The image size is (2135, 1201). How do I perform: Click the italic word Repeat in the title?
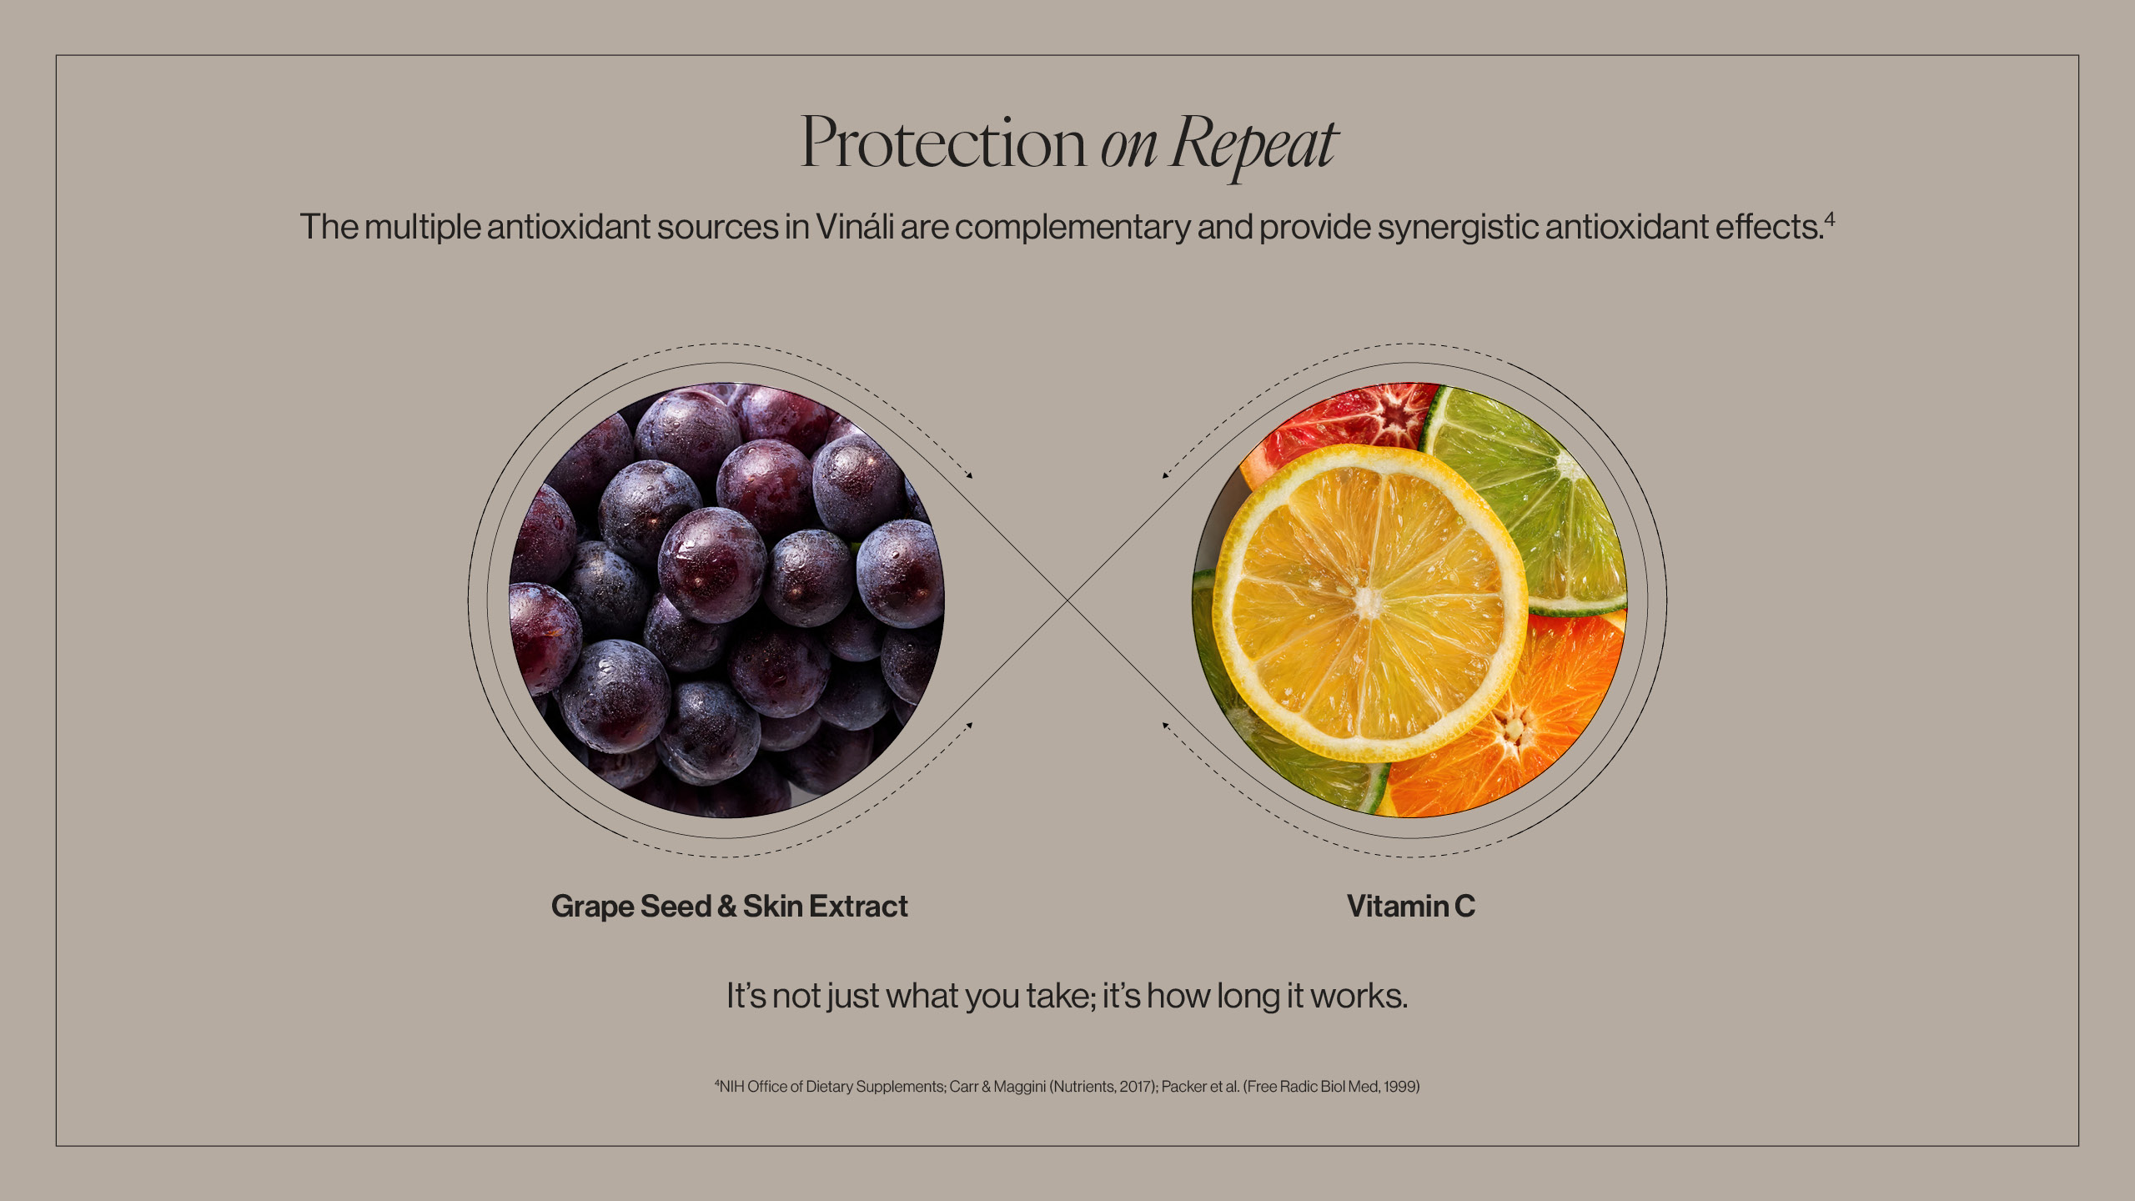pyautogui.click(x=1253, y=145)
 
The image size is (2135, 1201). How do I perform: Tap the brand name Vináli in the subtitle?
pyautogui.click(x=855, y=227)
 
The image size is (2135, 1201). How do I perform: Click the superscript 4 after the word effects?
pyautogui.click(x=1830, y=219)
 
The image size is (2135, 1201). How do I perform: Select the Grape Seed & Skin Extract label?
pyautogui.click(x=730, y=907)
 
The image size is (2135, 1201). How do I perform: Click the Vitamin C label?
pyautogui.click(x=1411, y=906)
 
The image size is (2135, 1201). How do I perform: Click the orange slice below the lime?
pyautogui.click(x=1526, y=726)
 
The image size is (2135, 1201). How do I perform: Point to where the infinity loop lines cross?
pyautogui.click(x=1067, y=600)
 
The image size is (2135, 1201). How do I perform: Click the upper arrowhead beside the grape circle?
pyautogui.click(x=969, y=475)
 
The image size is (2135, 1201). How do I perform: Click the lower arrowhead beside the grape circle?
pyautogui.click(x=969, y=726)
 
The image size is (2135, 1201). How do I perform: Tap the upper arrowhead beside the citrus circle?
pyautogui.click(x=1166, y=475)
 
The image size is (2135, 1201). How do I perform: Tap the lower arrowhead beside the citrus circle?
pyautogui.click(x=1166, y=726)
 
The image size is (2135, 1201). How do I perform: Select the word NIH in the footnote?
pyautogui.click(x=731, y=1087)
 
